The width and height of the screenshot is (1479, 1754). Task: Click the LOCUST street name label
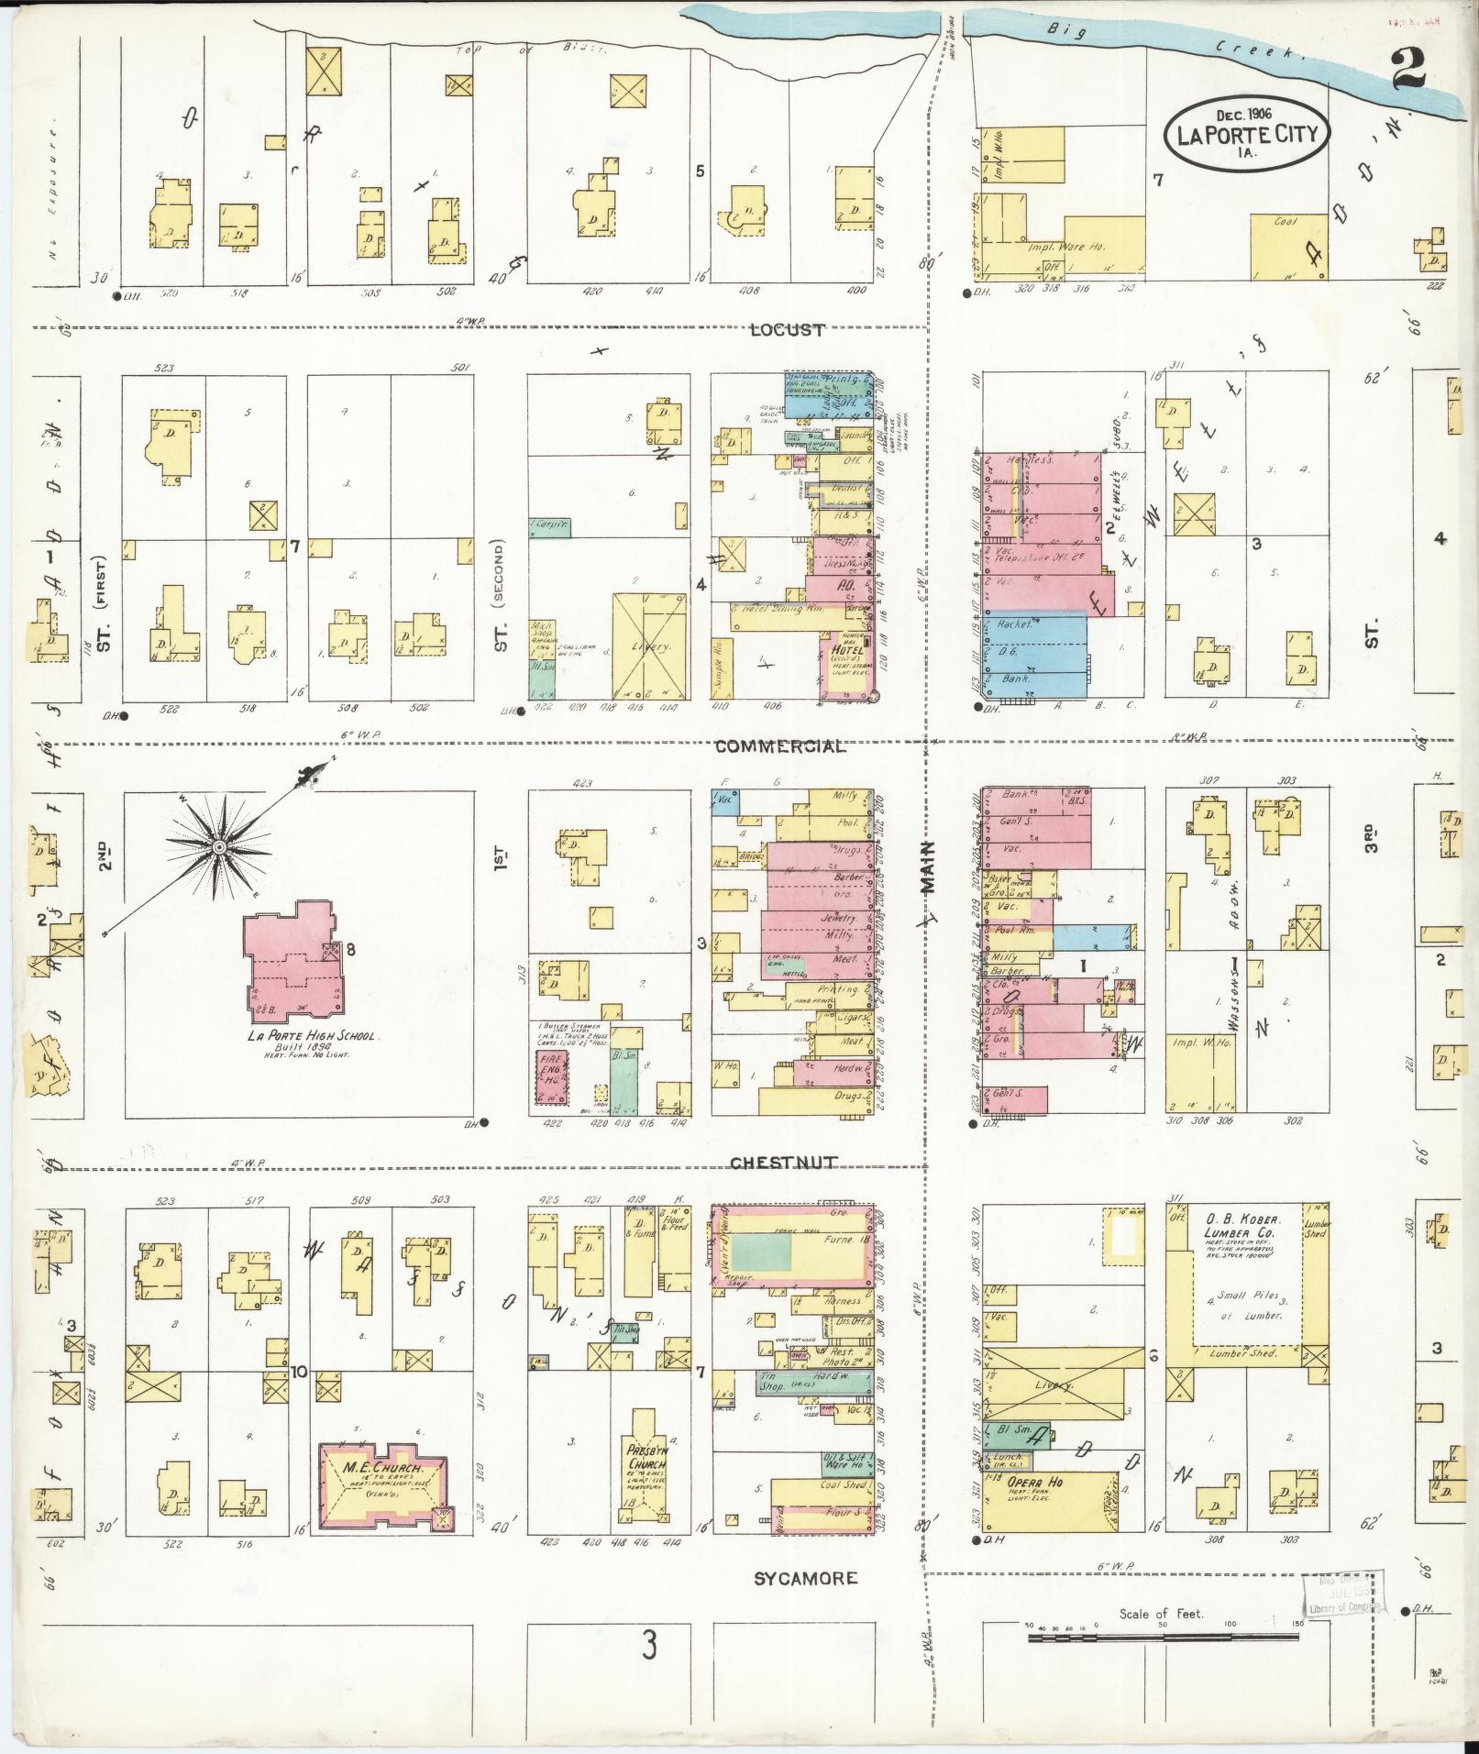tap(787, 330)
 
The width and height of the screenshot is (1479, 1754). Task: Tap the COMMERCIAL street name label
tap(779, 746)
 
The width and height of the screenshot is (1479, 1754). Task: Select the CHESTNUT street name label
tap(783, 1163)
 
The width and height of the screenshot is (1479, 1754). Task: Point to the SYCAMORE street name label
tap(806, 1578)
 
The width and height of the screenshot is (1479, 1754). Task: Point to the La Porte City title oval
tap(1247, 136)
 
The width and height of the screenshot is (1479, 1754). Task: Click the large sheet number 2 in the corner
tap(1407, 69)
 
